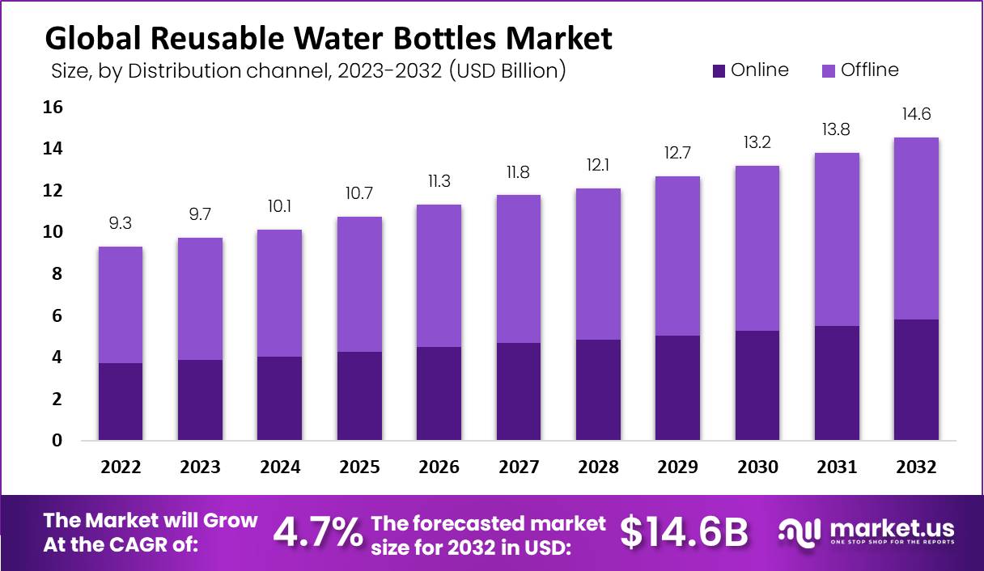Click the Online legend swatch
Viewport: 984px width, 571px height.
719,71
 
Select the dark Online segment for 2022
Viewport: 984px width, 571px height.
121,401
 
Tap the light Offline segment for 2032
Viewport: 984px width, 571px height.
916,228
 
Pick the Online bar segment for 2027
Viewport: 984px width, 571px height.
518,391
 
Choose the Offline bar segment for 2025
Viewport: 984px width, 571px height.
359,284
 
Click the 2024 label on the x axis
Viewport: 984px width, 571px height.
280,467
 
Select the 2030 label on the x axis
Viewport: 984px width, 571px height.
757,467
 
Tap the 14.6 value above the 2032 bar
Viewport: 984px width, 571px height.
916,114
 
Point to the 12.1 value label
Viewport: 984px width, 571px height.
598,165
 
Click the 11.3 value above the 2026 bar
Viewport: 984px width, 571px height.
439,181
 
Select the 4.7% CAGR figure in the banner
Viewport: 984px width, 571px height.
317,531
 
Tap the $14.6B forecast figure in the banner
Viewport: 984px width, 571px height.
685,531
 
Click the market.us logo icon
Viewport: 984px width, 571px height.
799,531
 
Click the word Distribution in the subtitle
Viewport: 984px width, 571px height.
179,71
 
